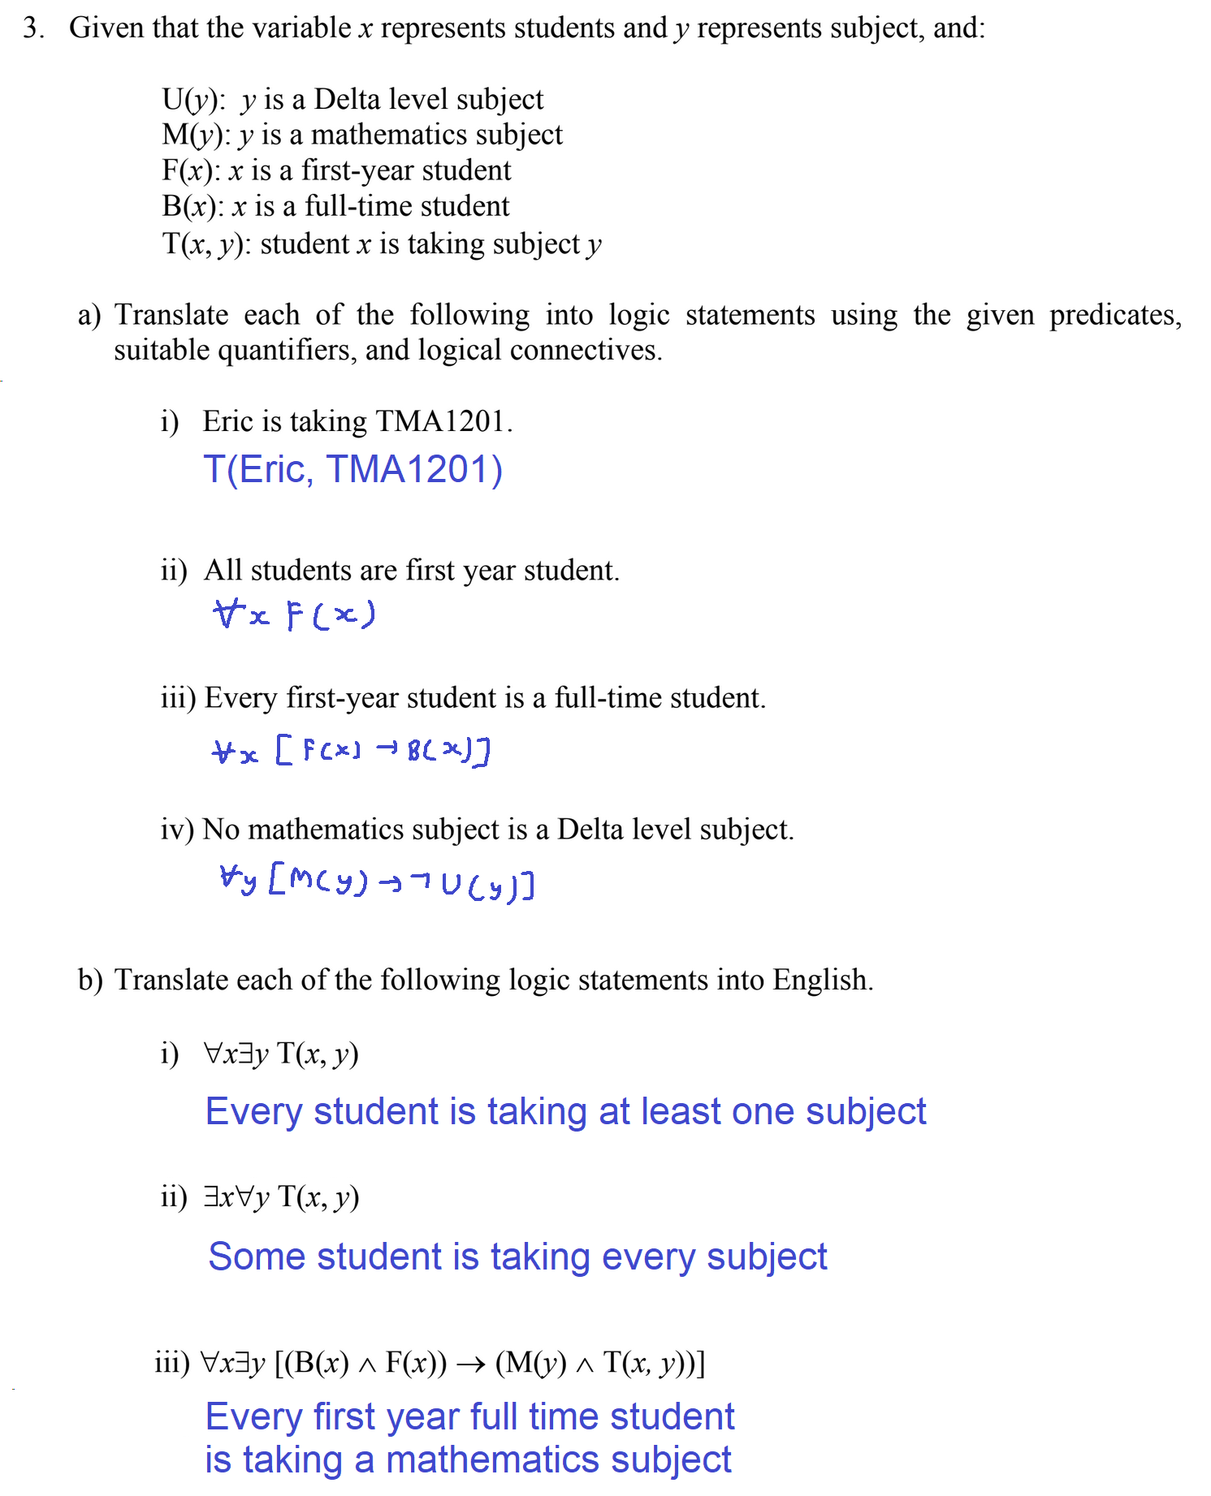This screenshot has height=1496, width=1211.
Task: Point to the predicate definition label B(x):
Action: coord(192,206)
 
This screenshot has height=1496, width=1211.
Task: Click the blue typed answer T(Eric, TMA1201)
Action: coord(352,469)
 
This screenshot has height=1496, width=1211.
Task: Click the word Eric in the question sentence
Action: coord(227,421)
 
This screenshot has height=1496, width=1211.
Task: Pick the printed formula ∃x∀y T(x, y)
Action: coord(281,1196)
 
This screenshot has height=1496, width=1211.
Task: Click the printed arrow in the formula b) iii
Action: coord(470,1363)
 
